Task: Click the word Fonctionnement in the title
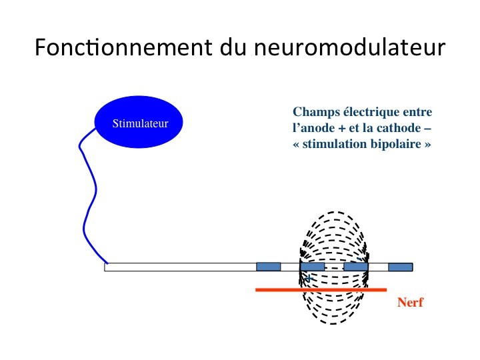[123, 47]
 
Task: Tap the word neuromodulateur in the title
[349, 47]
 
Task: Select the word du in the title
[233, 47]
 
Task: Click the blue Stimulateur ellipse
[139, 122]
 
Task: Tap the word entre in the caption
[417, 112]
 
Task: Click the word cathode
[399, 128]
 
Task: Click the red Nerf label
[410, 302]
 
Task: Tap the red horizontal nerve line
[321, 289]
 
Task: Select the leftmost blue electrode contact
[269, 267]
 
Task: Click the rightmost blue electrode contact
[401, 267]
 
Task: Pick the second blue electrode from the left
[312, 267]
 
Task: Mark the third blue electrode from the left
[356, 267]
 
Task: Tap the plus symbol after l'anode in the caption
[341, 129]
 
